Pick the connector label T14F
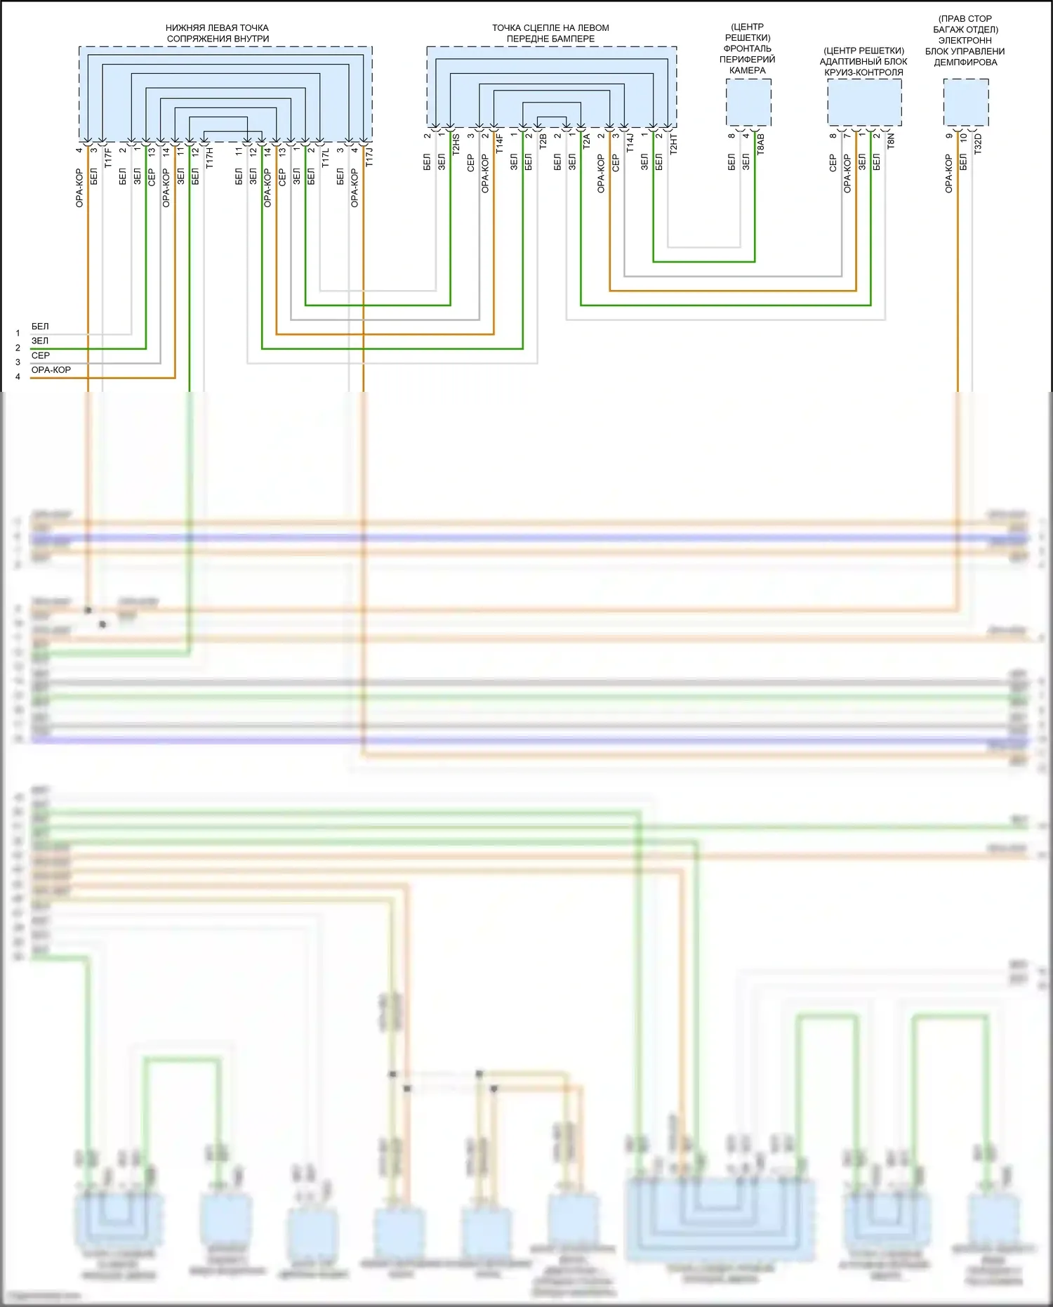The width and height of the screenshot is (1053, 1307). [499, 144]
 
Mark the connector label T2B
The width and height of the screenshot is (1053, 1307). [543, 141]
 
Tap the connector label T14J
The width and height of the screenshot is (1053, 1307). [630, 143]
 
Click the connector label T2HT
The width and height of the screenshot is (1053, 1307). [673, 144]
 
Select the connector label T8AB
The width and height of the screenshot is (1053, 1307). [760, 144]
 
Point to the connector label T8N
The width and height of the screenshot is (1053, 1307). [891, 141]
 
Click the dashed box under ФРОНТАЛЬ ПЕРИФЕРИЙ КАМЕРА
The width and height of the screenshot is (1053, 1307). [748, 103]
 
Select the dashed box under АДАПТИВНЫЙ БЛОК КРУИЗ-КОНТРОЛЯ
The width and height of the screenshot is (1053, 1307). [864, 103]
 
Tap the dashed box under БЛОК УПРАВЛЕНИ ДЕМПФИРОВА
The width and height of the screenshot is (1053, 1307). [966, 103]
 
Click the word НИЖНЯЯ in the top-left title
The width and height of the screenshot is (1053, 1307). [185, 28]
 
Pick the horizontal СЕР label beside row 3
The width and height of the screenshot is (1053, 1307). [41, 355]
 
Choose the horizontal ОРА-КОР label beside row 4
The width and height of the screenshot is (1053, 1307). [51, 370]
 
